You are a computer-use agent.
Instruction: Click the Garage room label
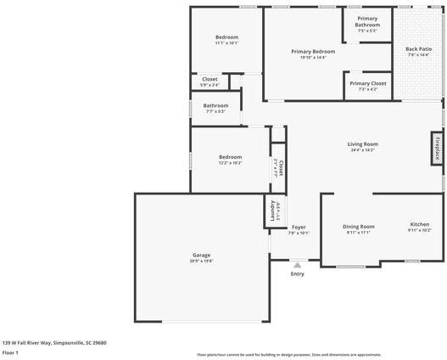201,255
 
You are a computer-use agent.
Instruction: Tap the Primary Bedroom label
313,52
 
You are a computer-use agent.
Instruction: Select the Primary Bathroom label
367,21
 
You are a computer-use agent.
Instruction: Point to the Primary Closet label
368,83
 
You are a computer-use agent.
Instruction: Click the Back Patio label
418,49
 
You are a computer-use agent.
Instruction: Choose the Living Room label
362,144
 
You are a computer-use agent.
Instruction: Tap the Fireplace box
438,149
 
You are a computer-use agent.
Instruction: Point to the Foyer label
299,227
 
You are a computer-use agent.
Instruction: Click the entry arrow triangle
297,265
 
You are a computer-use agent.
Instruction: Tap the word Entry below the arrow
297,273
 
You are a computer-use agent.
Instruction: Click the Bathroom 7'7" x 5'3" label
215,106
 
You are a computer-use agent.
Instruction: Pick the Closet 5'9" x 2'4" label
209,79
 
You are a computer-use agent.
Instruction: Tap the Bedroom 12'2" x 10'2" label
231,157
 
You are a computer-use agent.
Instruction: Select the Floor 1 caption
10,352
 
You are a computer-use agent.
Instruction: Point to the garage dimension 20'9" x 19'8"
201,261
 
